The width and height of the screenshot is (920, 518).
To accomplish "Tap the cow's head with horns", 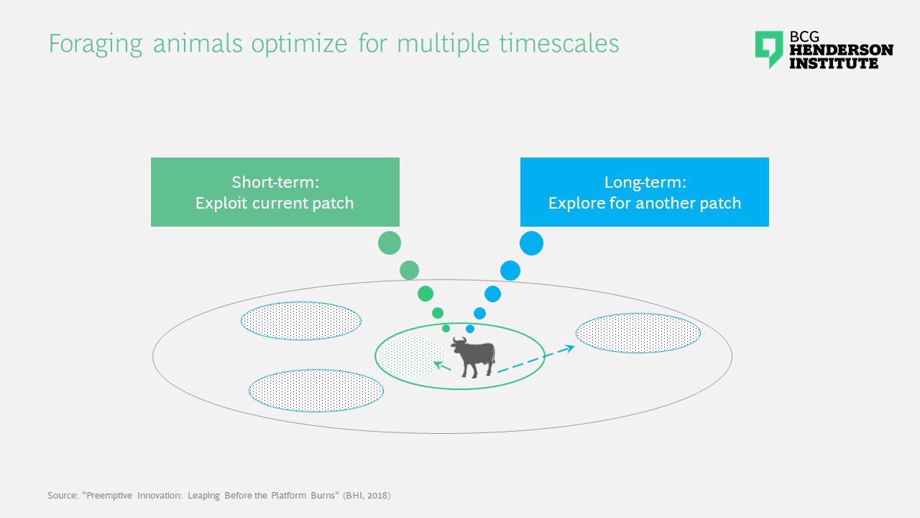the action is click(459, 345).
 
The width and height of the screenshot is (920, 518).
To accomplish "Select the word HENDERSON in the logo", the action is click(841, 50).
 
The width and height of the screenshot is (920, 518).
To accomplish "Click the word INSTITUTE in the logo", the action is click(834, 63).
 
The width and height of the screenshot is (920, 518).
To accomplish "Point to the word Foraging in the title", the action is click(96, 44).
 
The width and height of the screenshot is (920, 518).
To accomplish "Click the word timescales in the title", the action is click(559, 43).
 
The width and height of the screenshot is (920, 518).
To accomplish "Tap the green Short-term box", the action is click(275, 192).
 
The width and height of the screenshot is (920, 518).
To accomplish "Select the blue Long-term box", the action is click(645, 192).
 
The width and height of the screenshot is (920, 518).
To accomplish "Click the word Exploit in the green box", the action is click(221, 203).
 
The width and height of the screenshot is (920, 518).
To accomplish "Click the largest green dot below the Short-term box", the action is click(390, 243).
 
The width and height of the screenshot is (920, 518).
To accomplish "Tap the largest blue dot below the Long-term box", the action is click(531, 243).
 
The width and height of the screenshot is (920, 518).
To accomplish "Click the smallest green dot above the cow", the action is click(446, 329).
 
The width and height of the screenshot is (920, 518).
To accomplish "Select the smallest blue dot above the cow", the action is click(470, 329).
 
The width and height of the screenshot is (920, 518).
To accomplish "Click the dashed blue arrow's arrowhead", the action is click(569, 349).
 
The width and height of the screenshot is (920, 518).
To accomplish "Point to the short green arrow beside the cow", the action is click(442, 365).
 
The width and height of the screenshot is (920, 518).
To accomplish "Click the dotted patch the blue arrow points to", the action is click(638, 333).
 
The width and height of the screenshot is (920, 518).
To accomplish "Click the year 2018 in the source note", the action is click(377, 496).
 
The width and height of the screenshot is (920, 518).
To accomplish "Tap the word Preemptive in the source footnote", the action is click(109, 496).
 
